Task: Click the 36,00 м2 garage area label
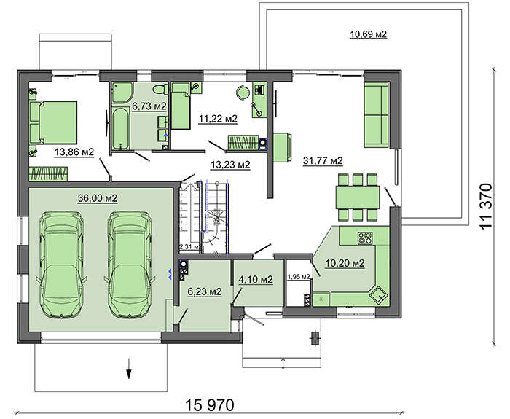98,197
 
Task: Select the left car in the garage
61,264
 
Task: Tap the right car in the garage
130,264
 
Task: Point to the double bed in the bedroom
53,122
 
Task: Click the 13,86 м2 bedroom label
74,152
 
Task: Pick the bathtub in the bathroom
121,128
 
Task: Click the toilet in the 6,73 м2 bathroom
160,89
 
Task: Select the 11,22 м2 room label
218,119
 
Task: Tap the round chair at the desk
243,92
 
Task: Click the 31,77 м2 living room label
323,160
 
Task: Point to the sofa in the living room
377,115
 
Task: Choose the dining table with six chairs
358,197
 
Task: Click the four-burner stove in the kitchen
365,238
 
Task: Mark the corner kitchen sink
379,295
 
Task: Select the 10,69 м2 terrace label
368,34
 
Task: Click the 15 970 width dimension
210,405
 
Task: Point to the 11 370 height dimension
486,206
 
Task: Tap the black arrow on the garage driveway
129,368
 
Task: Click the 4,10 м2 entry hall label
256,279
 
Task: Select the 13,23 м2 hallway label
230,165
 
